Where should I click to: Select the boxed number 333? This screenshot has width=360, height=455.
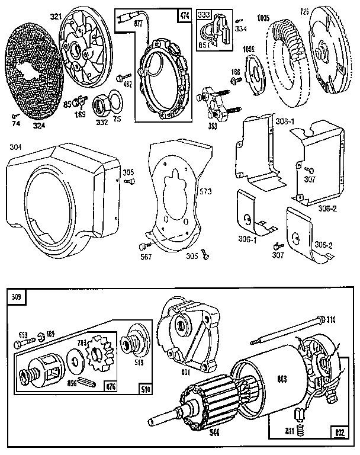pos(204,14)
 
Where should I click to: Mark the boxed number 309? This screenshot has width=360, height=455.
pos(15,297)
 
